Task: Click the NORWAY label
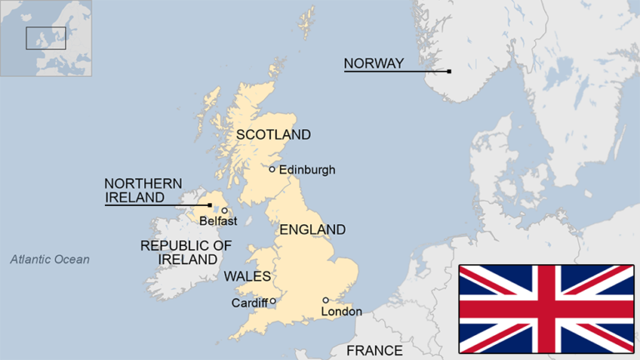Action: (x=373, y=63)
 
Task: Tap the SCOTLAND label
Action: (x=273, y=134)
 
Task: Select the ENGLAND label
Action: (x=312, y=229)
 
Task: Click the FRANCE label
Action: (x=374, y=351)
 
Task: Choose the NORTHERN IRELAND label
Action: (x=142, y=191)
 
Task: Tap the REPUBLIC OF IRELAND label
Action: (x=186, y=252)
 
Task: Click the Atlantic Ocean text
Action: (x=50, y=260)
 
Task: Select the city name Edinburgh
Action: (x=307, y=170)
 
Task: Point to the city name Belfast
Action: (x=218, y=222)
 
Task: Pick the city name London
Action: (x=342, y=312)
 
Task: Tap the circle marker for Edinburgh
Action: (x=272, y=169)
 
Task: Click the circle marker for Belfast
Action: (x=224, y=211)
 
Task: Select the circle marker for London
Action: (x=326, y=300)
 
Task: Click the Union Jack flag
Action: (x=546, y=308)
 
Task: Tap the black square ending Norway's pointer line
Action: (x=449, y=72)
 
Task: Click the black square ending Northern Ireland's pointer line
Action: (x=210, y=204)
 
